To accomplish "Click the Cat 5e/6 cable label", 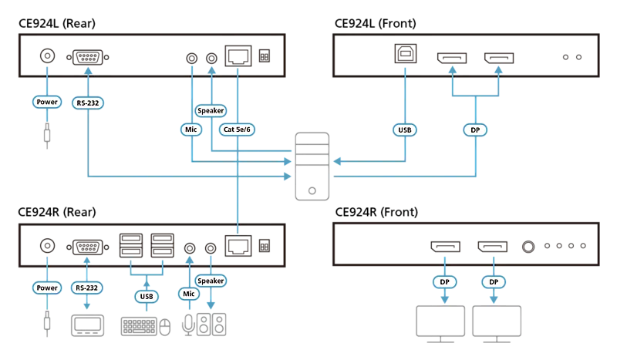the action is [x=237, y=130].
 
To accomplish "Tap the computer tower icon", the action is [x=312, y=166].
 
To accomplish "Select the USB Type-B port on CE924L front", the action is [x=406, y=53].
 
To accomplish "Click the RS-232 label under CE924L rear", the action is [x=88, y=103].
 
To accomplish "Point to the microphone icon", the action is [x=188, y=325].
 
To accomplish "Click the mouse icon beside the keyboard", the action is [x=164, y=327].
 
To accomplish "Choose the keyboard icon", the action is [x=139, y=326].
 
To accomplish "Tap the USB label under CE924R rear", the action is [x=147, y=296].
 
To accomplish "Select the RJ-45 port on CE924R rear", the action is [x=238, y=246].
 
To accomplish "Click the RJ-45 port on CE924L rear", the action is [x=238, y=56].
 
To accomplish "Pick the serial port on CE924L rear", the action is [x=88, y=58].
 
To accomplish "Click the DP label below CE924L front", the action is [x=475, y=130].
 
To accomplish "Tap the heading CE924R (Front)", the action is [x=376, y=212].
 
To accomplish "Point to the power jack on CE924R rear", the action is [x=48, y=246].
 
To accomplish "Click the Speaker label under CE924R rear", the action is [x=211, y=281].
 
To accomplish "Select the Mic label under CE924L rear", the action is [x=191, y=130].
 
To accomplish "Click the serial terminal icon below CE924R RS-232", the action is [x=87, y=325].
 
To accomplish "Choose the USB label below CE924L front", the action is [x=405, y=130].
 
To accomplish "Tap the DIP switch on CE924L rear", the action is [x=265, y=56].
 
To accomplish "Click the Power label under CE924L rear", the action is [x=47, y=102].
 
